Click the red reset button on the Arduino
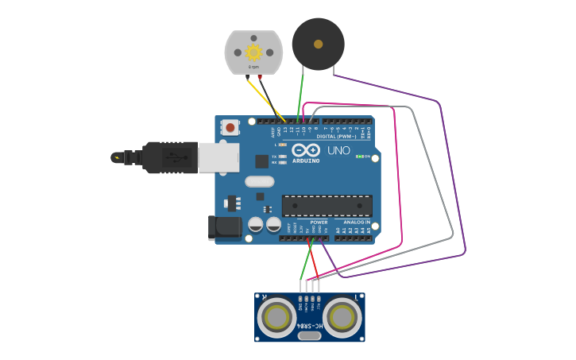[230, 127]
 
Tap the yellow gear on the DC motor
[253, 52]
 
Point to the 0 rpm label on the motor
[253, 68]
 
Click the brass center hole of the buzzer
[318, 45]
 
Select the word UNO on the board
[338, 150]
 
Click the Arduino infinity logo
[306, 150]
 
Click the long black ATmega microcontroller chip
[327, 206]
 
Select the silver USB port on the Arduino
[218, 157]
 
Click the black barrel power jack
[225, 227]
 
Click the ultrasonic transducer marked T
[342, 317]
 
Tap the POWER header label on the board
[319, 223]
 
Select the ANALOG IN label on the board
[357, 223]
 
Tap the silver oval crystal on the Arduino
[259, 181]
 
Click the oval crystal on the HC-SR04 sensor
[310, 335]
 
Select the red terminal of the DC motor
[259, 77]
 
